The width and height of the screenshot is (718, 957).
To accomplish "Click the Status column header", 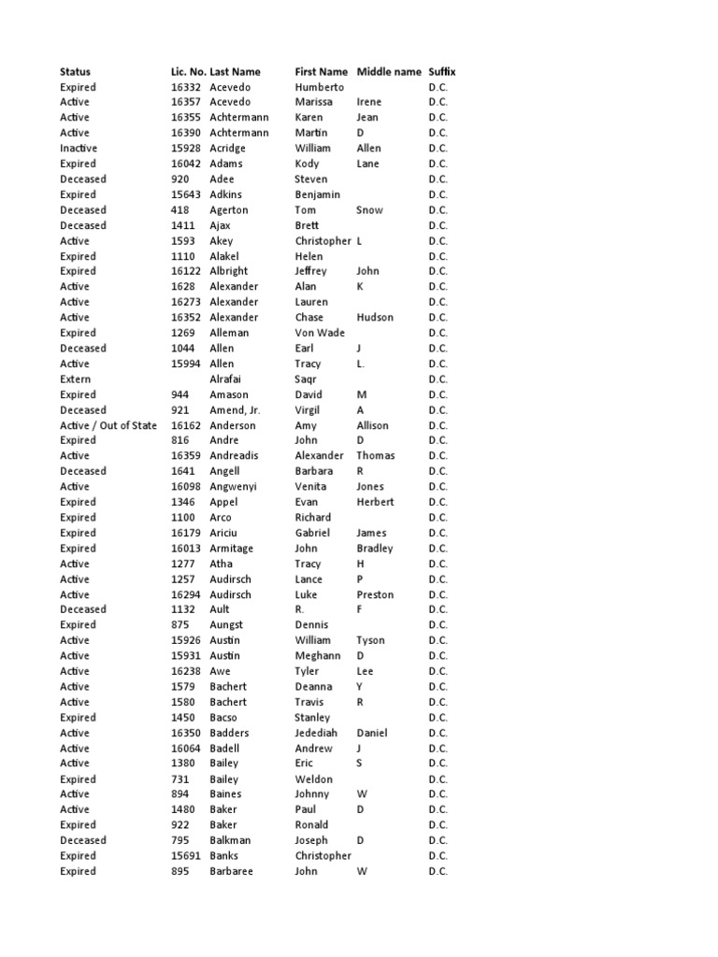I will [76, 71].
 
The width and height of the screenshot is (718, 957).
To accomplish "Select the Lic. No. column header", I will [187, 71].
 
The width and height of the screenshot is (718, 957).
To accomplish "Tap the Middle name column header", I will [389, 71].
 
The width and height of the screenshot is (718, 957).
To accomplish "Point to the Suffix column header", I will [442, 71].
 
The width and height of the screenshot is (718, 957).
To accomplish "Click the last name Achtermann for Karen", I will [239, 118].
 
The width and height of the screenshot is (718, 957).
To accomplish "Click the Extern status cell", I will [76, 379].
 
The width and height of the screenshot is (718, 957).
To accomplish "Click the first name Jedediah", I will [316, 733].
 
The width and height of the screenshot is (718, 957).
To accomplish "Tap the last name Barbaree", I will [232, 871].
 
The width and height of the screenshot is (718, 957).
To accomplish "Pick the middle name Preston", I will [376, 594].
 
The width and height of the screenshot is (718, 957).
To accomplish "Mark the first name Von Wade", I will [320, 333].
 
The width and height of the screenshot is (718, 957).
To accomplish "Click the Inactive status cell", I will [79, 149].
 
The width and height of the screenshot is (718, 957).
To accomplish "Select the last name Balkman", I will [232, 840].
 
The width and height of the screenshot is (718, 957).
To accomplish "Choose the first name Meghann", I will [318, 656].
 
